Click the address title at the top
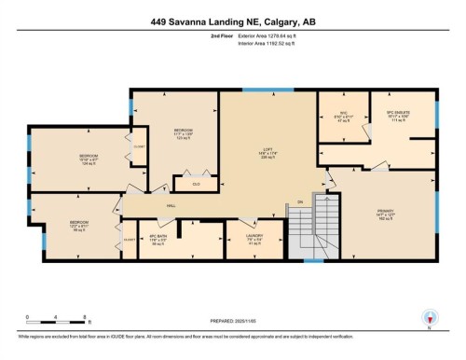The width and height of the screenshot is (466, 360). pyautogui.click(x=232, y=21)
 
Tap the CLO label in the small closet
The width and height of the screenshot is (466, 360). pyautogui.click(x=196, y=184)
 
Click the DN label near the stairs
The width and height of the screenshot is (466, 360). pyautogui.click(x=300, y=201)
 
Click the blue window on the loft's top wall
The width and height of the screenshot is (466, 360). pyautogui.click(x=257, y=90)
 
